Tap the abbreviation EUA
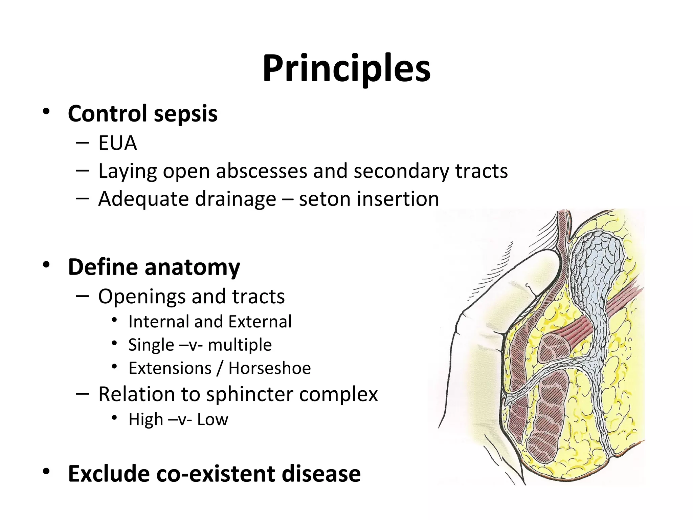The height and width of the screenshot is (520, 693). [117, 143]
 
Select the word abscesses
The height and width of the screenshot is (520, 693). [262, 171]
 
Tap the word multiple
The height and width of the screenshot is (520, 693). [240, 345]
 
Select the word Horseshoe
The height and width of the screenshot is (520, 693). [269, 368]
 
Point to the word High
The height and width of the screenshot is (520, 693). [146, 420]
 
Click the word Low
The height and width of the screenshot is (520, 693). [213, 420]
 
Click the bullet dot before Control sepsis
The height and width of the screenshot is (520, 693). [46, 111]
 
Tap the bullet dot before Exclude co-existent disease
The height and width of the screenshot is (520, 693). [46, 472]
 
